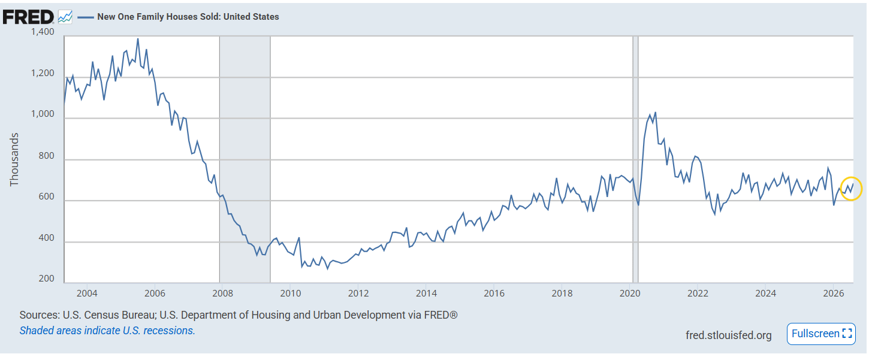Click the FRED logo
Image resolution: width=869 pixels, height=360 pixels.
28,17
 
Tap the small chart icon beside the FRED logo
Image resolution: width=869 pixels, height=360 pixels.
65,17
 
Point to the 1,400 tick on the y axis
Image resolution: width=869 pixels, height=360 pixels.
43,32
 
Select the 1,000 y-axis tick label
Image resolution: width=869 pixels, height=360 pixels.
43,114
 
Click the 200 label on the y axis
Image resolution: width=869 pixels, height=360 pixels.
47,279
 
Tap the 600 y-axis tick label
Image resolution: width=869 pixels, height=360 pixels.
47,196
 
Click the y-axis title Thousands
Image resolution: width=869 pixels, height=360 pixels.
14,159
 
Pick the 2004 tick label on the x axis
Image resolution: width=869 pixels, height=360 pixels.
87,294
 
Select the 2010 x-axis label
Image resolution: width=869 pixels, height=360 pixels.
291,294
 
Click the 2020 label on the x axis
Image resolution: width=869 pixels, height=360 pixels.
630,294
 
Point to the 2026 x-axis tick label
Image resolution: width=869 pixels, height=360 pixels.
834,294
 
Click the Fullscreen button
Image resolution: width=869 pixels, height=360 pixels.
821,334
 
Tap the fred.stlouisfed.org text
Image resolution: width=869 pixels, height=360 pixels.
729,335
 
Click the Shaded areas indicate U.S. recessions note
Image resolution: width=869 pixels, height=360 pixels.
107,331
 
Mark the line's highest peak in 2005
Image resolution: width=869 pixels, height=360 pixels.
138,39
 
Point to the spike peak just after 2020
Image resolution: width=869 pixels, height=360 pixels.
655,113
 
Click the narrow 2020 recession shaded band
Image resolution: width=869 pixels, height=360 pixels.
635,159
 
